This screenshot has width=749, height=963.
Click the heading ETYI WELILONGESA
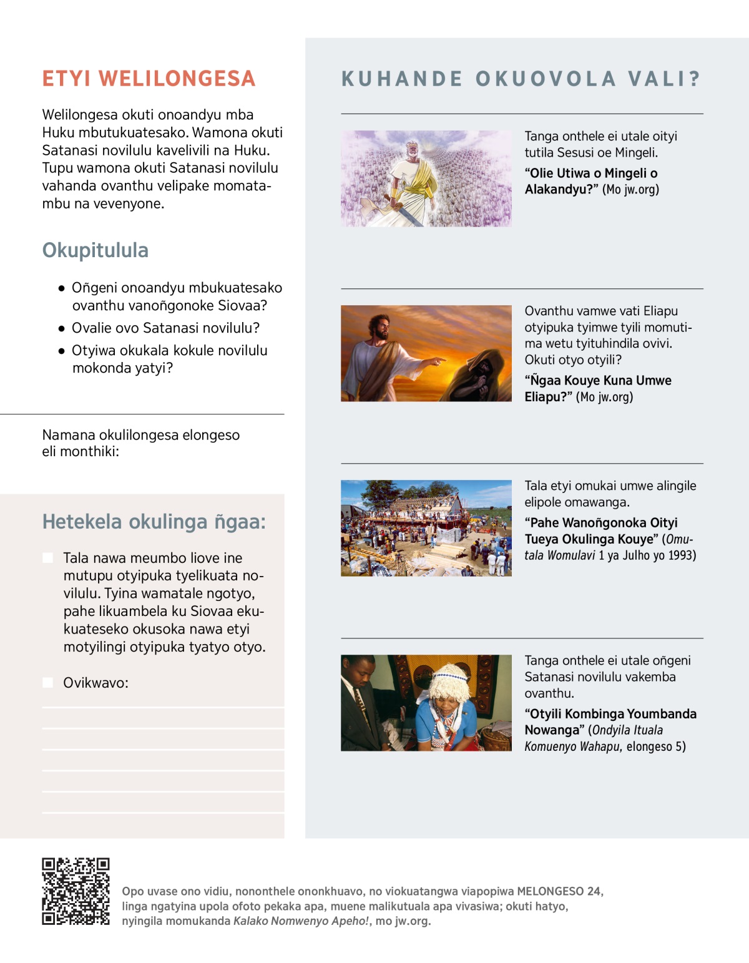[149, 79]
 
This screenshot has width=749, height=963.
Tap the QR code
[76, 891]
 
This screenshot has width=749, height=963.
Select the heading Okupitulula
[95, 250]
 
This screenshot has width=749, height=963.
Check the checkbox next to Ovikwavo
[48, 683]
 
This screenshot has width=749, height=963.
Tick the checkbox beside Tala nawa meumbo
[48, 558]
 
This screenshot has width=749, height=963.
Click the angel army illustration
[426, 178]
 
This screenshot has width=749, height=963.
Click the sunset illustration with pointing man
[426, 353]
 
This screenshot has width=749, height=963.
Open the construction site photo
[426, 528]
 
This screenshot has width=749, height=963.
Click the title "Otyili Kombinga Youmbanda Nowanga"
[610, 721]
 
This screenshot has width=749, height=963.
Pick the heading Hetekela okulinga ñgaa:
[154, 522]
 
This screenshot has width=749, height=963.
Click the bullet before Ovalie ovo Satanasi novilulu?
[61, 328]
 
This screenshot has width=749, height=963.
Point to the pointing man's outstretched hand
[439, 360]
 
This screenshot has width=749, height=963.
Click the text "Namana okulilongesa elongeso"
[140, 435]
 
